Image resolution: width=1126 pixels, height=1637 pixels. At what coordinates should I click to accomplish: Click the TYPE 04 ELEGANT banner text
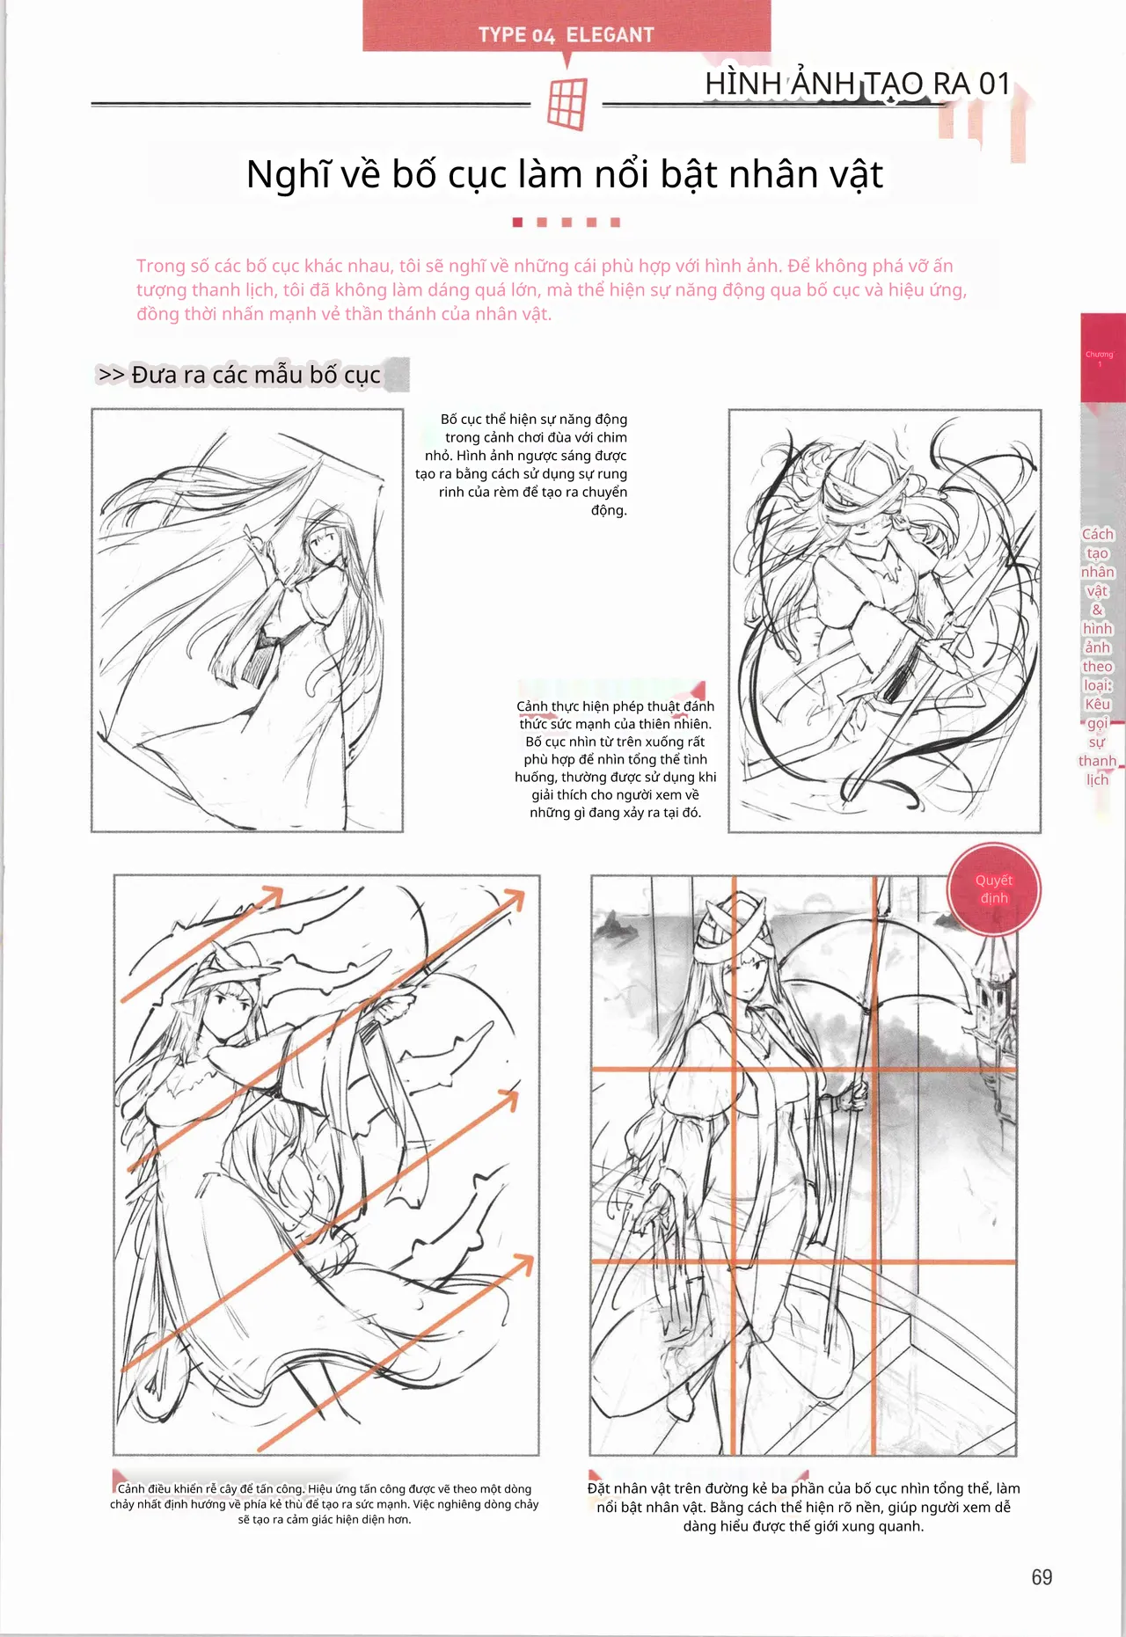click(567, 35)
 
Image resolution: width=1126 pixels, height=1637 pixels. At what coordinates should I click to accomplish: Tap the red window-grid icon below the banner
click(567, 104)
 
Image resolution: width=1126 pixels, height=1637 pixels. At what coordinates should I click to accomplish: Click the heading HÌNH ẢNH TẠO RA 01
click(858, 84)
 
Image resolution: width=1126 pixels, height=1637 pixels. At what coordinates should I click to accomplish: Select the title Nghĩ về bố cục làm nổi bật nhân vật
click(564, 174)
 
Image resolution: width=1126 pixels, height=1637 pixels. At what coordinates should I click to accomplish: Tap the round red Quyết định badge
click(994, 889)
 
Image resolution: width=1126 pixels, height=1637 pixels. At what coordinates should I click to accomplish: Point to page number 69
click(1042, 1577)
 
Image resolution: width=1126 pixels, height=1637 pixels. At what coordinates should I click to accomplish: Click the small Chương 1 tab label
click(1099, 358)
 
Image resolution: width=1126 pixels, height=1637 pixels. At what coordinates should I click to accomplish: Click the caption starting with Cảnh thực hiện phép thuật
click(616, 759)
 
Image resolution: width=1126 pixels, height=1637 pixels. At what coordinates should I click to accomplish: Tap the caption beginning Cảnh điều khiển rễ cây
click(324, 1503)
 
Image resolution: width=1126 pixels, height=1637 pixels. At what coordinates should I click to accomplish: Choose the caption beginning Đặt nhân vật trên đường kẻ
click(803, 1507)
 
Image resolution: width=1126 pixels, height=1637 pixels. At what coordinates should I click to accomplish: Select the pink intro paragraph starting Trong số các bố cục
click(552, 289)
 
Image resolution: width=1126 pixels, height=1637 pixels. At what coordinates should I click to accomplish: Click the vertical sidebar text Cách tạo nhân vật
click(1098, 657)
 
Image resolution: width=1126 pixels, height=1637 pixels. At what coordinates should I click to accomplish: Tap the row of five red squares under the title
click(567, 223)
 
